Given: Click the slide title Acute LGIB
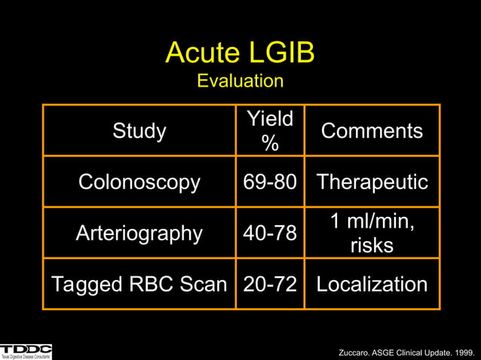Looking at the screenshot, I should coord(240,53).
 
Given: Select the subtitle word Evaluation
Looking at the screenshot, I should coord(240,81).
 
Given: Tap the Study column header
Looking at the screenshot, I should coord(139,131).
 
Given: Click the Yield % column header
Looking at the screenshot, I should coord(269,130).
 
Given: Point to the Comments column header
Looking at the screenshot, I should coord(372,131).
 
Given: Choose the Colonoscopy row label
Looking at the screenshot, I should coord(139,182).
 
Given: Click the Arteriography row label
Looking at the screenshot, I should coord(139,233).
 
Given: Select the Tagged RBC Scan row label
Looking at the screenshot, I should coord(139,284).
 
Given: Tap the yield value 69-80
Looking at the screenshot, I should coord(269,182).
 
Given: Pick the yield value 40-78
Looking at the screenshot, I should coord(269,233).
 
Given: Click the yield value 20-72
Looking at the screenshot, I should coord(269,284).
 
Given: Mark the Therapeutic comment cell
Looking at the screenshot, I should coord(372,182).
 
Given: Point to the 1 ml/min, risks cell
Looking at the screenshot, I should coord(372,233).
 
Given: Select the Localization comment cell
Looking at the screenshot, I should coord(372,284).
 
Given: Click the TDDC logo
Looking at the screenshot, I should coord(26,350).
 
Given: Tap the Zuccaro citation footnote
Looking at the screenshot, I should coord(408,352).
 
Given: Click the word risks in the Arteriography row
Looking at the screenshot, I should coord(372,246).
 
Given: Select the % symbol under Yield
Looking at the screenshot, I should coord(269,143).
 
